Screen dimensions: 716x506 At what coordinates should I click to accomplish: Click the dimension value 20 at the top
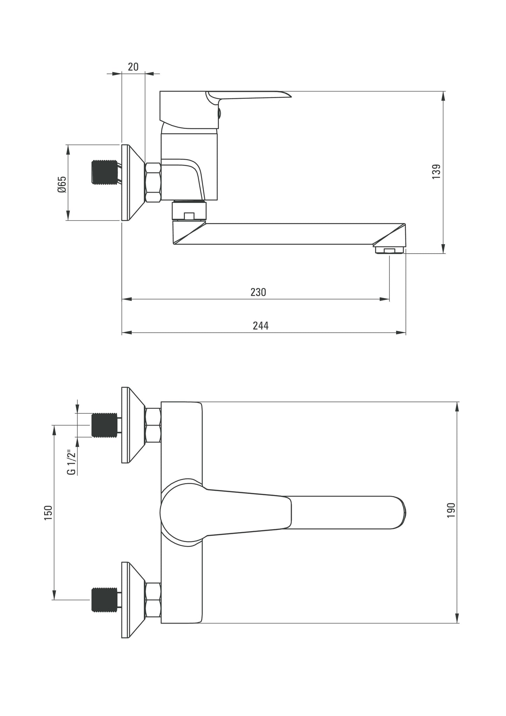[x=133, y=67]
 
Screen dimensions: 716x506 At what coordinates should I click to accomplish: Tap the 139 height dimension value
[x=436, y=172]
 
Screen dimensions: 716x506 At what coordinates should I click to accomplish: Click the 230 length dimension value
[x=258, y=292]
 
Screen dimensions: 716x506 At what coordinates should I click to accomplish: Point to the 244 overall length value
[x=261, y=325]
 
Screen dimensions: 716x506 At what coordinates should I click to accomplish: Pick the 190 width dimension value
[x=451, y=510]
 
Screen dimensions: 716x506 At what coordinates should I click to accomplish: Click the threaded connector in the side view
[x=104, y=172]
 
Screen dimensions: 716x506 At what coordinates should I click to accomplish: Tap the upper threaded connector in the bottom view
[x=104, y=425]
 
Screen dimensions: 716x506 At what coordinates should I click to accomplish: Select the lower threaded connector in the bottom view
[x=104, y=600]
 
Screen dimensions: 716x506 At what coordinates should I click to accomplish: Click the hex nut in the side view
[x=153, y=182]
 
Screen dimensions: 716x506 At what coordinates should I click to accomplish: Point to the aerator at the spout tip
[x=389, y=250]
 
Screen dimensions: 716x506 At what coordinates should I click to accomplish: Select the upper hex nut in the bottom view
[x=153, y=425]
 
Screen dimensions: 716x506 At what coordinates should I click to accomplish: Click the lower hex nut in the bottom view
[x=153, y=600]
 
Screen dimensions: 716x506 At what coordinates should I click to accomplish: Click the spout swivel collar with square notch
[x=189, y=211]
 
